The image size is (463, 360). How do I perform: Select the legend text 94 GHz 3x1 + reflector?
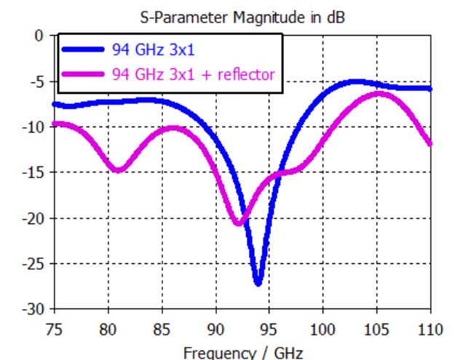194,73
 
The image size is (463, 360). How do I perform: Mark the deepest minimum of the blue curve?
258,283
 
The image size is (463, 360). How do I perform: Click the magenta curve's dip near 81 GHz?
118,170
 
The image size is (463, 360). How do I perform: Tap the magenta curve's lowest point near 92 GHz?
238,223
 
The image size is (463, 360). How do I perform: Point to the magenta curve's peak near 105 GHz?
379,93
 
